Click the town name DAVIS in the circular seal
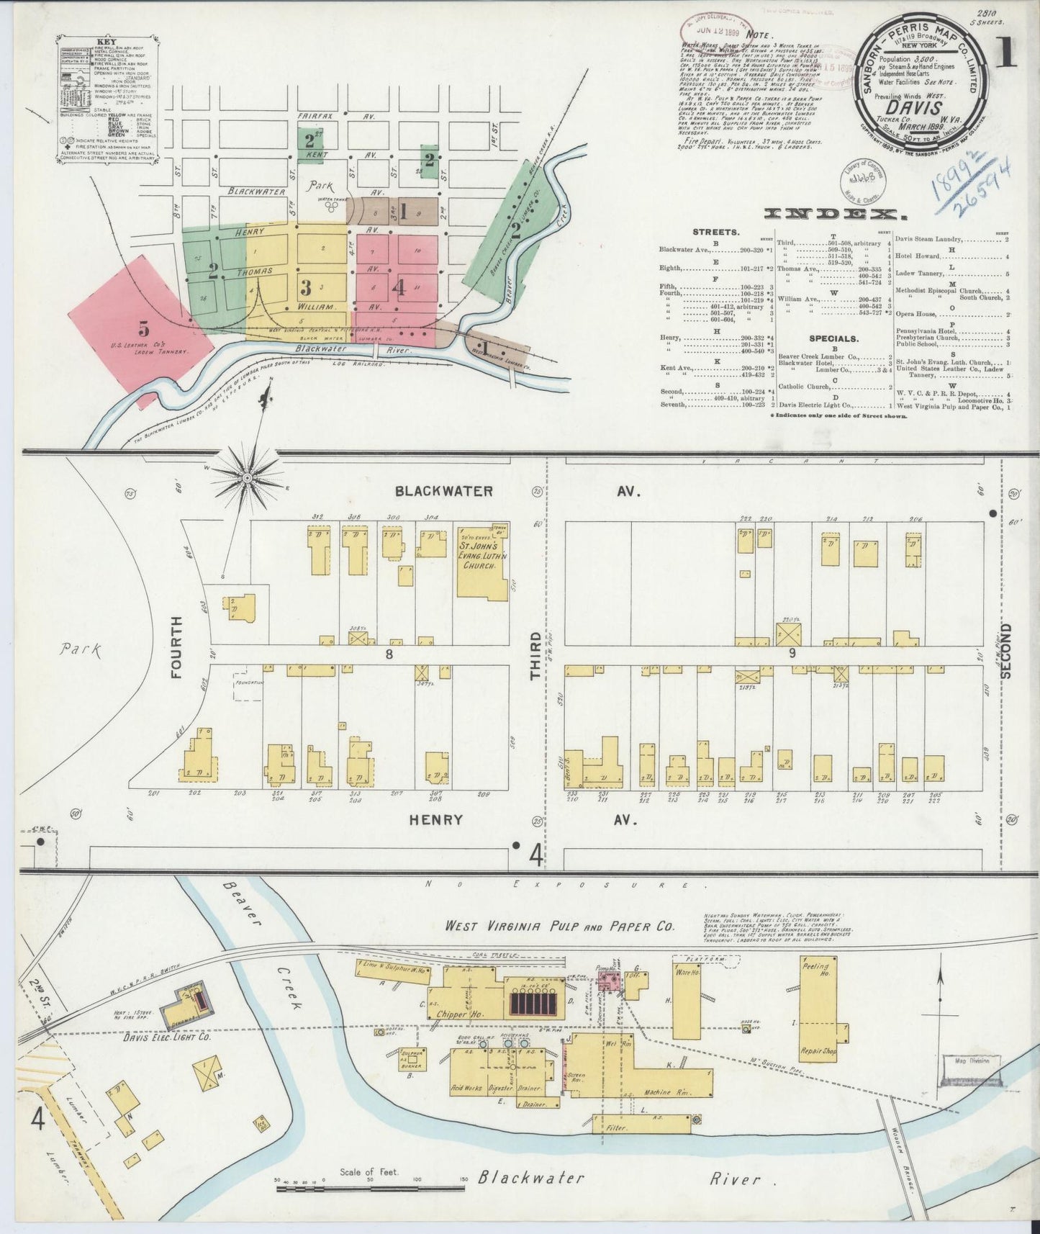[x=918, y=109]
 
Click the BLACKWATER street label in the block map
[x=444, y=491]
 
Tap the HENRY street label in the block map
[x=435, y=820]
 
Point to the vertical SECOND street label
[x=1006, y=650]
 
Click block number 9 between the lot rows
[x=792, y=653]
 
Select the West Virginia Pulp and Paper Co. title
[x=559, y=927]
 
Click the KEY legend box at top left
[x=108, y=105]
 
